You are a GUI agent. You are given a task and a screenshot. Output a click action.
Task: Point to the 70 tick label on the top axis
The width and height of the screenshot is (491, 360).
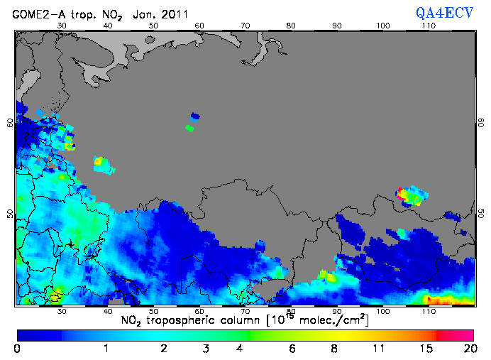point(245,26)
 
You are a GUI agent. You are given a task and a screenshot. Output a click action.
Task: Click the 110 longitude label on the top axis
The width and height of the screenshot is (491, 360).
point(428,26)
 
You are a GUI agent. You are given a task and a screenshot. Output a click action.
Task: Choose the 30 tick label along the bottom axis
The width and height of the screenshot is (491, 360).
point(62,311)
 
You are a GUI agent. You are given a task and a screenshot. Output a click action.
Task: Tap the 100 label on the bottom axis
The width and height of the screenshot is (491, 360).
point(382,311)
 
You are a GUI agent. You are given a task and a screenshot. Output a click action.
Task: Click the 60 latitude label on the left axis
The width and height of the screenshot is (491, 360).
point(9,122)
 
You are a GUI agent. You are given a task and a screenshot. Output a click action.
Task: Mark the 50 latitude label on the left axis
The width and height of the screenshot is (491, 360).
point(9,213)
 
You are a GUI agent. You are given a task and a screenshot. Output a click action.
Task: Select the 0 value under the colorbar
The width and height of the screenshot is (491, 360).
point(16,349)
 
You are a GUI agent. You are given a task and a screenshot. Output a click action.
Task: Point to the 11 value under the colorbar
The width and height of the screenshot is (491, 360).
point(379,349)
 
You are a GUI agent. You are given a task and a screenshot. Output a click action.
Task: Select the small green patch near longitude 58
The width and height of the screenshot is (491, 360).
point(189,128)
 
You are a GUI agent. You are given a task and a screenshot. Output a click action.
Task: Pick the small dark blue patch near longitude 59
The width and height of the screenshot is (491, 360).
point(195,116)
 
